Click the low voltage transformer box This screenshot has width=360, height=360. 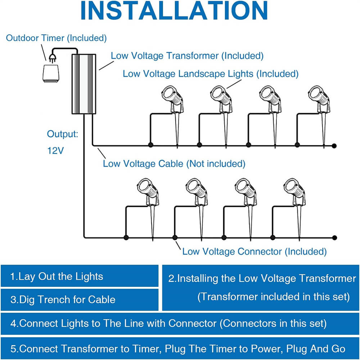[x=84, y=84]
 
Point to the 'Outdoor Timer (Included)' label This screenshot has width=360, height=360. [x=56, y=38]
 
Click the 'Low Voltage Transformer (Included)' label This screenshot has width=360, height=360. [x=187, y=56]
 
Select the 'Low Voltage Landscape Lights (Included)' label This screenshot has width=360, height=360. [x=211, y=74]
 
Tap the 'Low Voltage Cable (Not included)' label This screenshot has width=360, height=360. [x=174, y=164]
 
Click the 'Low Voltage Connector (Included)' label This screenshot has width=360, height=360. [x=254, y=251]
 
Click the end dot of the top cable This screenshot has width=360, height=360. [x=334, y=145]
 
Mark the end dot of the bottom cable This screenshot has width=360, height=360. [x=334, y=237]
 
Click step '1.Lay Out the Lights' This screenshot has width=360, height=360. [x=57, y=276]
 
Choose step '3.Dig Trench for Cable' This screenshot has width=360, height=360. [x=63, y=300]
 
